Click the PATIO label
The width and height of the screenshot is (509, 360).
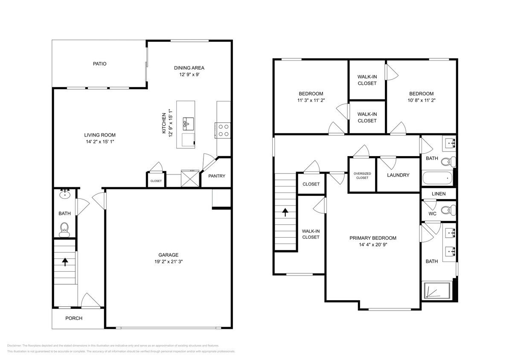pyautogui.click(x=99, y=64)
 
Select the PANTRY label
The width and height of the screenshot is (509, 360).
pyautogui.click(x=217, y=176)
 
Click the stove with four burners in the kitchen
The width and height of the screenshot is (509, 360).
pyautogui.click(x=223, y=130)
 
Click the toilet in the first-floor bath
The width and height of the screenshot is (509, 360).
pyautogui.click(x=65, y=229)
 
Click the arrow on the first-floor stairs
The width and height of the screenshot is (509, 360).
pyautogui.click(x=65, y=261)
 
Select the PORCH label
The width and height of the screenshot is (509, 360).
pyautogui.click(x=74, y=318)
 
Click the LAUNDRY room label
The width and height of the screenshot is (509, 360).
pyautogui.click(x=398, y=175)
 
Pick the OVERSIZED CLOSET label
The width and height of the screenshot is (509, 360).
pyautogui.click(x=362, y=175)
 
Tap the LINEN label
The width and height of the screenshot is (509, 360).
pyautogui.click(x=438, y=194)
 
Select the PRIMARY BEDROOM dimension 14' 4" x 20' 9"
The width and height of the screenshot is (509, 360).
pyautogui.click(x=373, y=245)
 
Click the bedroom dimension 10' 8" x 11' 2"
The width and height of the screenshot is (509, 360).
pyautogui.click(x=421, y=101)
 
